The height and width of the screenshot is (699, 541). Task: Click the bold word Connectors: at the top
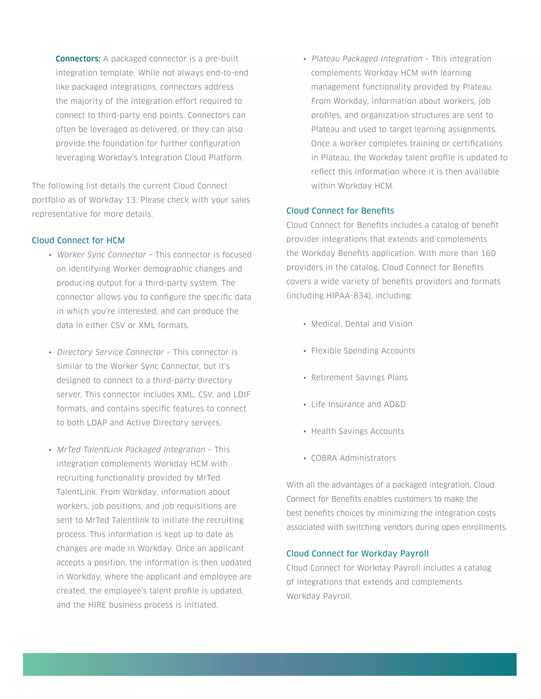[x=78, y=59]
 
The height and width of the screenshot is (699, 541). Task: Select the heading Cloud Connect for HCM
[x=78, y=240]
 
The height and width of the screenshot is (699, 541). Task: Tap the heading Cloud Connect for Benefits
[x=340, y=210]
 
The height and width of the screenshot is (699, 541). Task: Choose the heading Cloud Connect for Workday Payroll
[x=357, y=553]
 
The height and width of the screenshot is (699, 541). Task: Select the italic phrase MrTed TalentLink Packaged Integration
[x=131, y=450]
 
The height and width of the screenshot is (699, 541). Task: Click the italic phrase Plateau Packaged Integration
[x=367, y=59]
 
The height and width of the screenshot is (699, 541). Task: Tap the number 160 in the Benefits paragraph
[x=488, y=253]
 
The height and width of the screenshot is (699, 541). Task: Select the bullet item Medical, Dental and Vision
[x=362, y=324]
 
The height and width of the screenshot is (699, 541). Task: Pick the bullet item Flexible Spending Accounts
[x=363, y=351]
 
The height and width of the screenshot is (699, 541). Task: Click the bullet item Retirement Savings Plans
[x=359, y=378]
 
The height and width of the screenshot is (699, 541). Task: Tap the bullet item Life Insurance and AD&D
[x=358, y=405]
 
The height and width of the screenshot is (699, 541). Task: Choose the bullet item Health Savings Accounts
[x=357, y=432]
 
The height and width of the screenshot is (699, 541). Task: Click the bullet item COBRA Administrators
[x=353, y=458]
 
